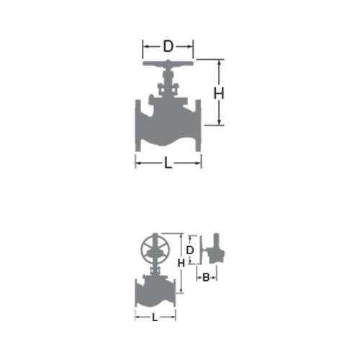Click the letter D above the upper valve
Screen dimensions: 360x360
coord(168,46)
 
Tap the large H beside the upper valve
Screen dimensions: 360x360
coord(219,94)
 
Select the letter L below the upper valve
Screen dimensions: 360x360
coord(168,163)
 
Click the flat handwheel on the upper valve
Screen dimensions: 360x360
coord(168,63)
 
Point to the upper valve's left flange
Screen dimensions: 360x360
coord(138,125)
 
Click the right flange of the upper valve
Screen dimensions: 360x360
coord(198,125)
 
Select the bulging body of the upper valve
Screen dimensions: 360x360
coord(168,125)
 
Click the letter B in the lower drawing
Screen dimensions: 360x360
coord(206,277)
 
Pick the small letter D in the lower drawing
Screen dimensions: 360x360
coord(189,251)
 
